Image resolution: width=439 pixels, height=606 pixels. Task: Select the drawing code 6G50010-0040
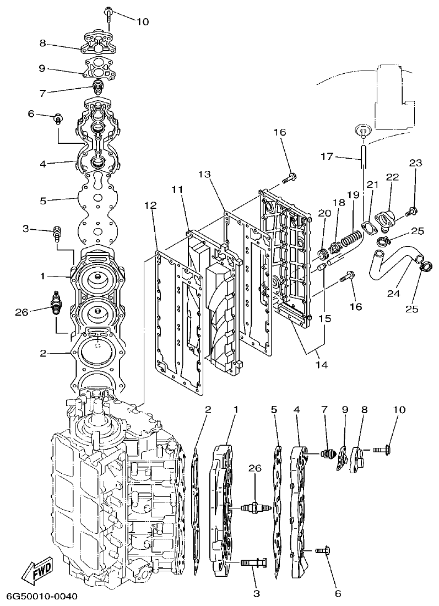42,597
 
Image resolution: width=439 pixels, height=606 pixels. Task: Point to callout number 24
393,294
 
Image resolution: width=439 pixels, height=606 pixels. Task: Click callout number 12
150,205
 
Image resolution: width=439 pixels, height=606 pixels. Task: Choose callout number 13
204,175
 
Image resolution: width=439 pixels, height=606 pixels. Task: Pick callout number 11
176,190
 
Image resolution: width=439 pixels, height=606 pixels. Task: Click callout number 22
392,177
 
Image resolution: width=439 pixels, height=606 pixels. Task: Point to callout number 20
323,214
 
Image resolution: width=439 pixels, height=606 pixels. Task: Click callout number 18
338,203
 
